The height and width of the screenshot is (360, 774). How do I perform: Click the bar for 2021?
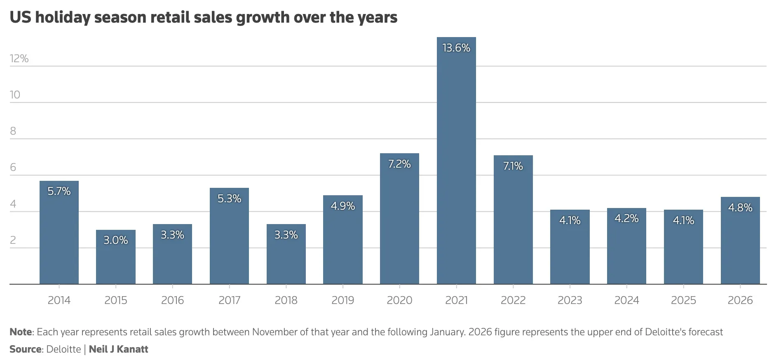(456, 161)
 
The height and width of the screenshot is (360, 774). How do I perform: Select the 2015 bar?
(116, 257)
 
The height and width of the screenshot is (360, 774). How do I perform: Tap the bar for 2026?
(740, 241)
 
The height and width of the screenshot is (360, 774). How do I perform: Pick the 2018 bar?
(286, 254)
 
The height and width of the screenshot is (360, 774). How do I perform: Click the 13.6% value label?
(456, 48)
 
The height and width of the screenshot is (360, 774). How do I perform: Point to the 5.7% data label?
(59, 191)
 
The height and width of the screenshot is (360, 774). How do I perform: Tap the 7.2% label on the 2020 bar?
(399, 164)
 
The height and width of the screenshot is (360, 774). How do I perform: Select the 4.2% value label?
(626, 218)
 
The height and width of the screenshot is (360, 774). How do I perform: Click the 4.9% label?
(343, 206)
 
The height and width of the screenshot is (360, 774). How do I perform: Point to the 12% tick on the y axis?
(19, 58)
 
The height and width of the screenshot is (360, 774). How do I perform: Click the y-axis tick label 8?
(13, 131)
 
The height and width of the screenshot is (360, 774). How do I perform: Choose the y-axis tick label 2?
(13, 240)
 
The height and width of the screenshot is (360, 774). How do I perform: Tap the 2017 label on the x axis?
(229, 300)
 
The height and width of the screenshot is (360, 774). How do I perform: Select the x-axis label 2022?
(513, 300)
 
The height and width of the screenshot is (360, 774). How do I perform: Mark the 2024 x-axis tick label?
(626, 300)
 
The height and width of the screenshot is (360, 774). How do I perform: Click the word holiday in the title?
(62, 18)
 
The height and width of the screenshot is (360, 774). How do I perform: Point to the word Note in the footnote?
(21, 332)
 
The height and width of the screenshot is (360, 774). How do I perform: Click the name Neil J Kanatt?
(119, 349)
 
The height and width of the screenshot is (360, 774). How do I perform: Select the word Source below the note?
(25, 349)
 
